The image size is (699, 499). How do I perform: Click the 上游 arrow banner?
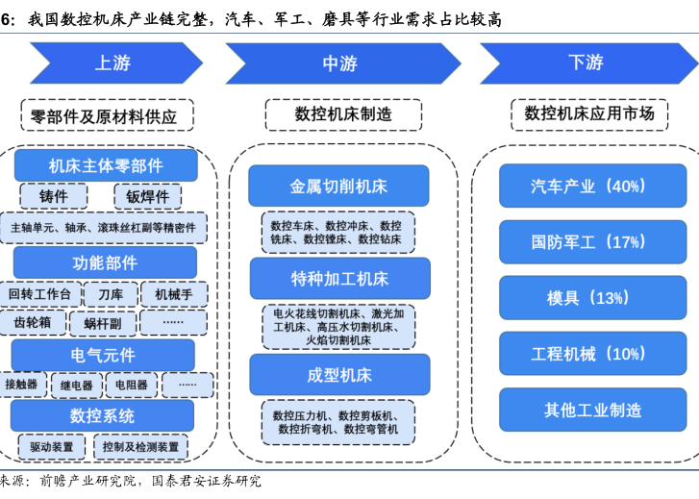(x=112, y=63)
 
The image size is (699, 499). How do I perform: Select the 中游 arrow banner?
(x=338, y=63)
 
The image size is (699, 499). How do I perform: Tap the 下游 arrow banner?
(x=585, y=63)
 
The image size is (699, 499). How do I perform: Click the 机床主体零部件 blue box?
(x=106, y=165)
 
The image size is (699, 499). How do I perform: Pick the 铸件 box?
(x=54, y=196)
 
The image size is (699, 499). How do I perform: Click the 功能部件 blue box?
(x=106, y=262)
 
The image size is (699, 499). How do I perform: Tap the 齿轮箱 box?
(x=38, y=322)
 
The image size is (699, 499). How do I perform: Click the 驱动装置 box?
(x=52, y=446)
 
